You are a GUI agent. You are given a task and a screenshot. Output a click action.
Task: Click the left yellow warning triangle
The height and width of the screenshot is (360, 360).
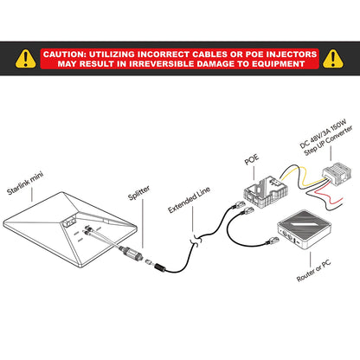[x=26, y=59]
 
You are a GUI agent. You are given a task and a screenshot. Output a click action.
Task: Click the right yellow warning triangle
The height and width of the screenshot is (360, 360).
[x=333, y=59]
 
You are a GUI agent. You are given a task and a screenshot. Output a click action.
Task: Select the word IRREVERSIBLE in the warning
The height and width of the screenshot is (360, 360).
[x=159, y=64]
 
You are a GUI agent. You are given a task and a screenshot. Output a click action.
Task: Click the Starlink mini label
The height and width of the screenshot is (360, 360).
[x=25, y=183]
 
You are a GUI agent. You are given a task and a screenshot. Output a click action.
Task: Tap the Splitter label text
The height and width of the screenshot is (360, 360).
[x=139, y=193]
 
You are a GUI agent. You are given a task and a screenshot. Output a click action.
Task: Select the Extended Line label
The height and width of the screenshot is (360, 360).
[x=189, y=200]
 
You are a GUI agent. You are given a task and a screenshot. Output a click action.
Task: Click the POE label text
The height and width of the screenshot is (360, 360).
[x=252, y=159]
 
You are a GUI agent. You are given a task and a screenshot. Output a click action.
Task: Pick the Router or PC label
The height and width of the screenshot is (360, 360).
[x=313, y=270]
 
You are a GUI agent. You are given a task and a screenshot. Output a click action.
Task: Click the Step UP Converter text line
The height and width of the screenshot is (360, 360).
[x=329, y=140]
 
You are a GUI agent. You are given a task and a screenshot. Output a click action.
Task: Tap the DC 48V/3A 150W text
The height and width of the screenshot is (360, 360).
[x=323, y=134]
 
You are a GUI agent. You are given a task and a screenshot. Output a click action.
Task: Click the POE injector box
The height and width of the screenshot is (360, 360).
[x=266, y=191]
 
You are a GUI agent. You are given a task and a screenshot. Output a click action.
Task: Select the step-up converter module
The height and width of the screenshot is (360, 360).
[x=337, y=174]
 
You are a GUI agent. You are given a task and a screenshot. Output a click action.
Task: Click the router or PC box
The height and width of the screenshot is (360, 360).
[x=304, y=229]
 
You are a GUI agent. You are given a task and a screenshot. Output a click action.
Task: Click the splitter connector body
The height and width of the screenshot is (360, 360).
[x=132, y=253]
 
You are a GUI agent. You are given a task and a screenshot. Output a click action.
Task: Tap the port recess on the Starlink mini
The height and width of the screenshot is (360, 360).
[x=68, y=222]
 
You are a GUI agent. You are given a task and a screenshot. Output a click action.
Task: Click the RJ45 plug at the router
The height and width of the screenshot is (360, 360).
[x=273, y=241]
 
